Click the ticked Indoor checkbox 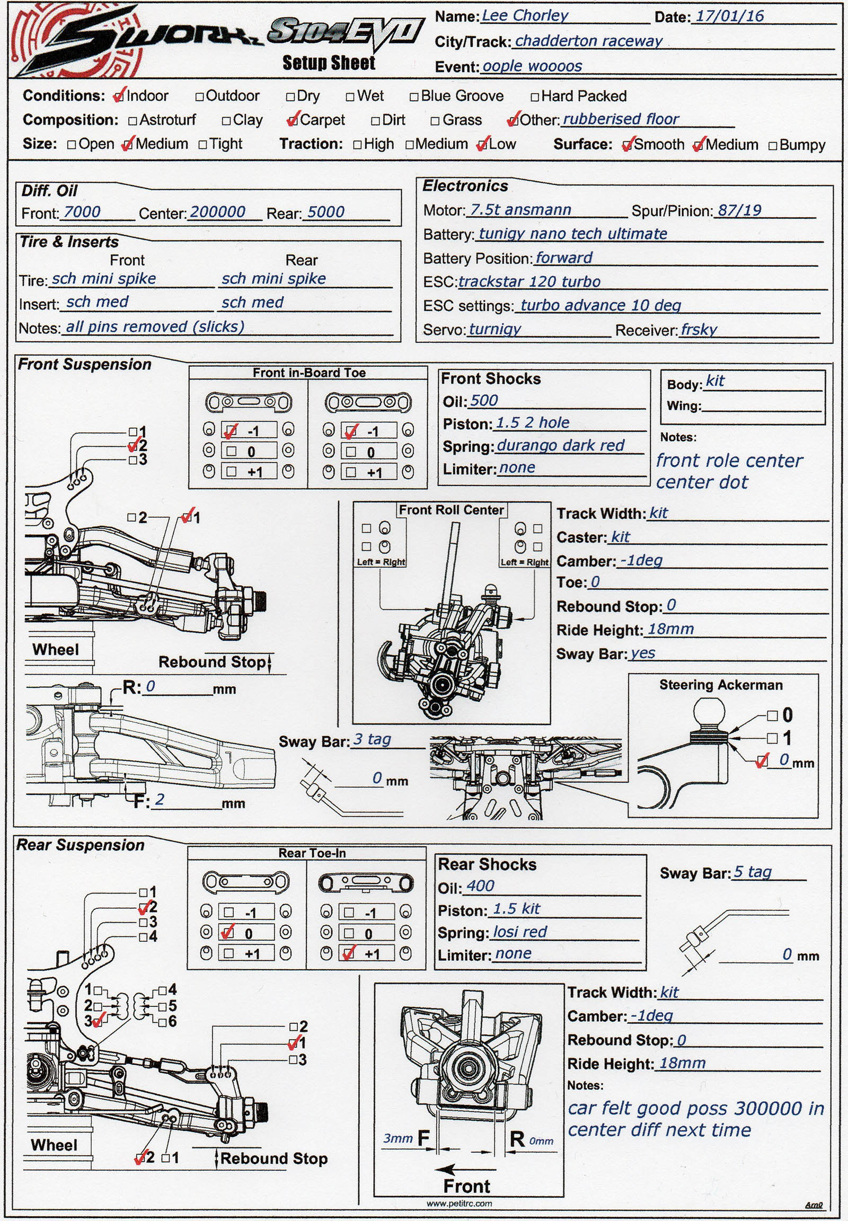119,96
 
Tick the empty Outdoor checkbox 200,96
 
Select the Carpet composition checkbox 291,121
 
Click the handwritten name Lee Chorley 524,16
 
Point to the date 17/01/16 729,16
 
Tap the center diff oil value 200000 217,212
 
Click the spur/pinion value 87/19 739,210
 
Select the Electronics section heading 465,186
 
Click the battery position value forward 563,258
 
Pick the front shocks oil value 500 483,401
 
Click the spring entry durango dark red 560,445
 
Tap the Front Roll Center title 451,510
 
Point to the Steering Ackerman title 720,685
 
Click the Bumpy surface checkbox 773,146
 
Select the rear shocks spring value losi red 519,932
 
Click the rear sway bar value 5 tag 752,872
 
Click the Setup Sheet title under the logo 329,63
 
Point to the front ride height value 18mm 670,629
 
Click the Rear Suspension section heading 81,845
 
